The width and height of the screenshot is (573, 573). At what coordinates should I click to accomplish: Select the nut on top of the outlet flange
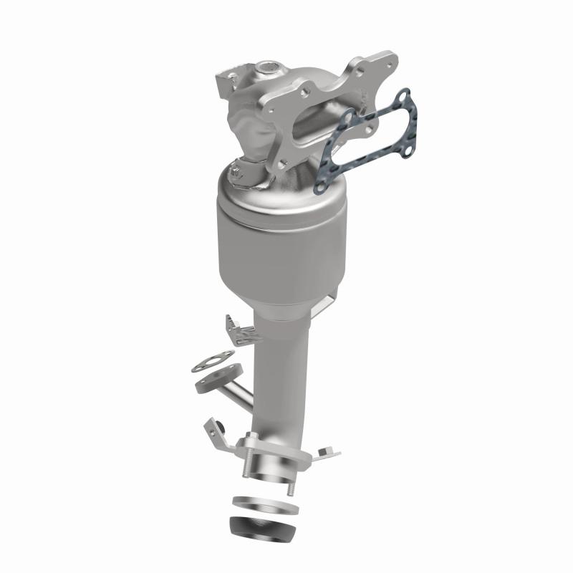(253, 438)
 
